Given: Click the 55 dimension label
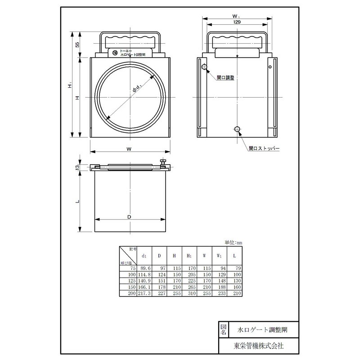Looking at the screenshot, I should pyautogui.click(x=77, y=45).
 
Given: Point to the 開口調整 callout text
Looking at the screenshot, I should pyautogui.click(x=225, y=78).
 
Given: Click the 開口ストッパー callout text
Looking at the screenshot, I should pyautogui.click(x=264, y=148).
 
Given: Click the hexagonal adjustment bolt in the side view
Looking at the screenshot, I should pyautogui.click(x=205, y=67).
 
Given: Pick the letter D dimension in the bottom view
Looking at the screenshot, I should pyautogui.click(x=129, y=216).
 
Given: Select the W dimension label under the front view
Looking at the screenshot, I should pyautogui.click(x=129, y=148).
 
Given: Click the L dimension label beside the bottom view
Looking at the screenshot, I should pyautogui.click(x=77, y=201).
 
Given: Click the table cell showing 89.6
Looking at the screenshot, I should pyautogui.click(x=144, y=268).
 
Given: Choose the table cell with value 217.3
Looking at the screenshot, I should pyautogui.click(x=144, y=293).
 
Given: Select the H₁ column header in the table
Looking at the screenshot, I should pyautogui.click(x=189, y=256).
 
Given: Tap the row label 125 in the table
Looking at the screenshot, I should pyautogui.click(x=131, y=281).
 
